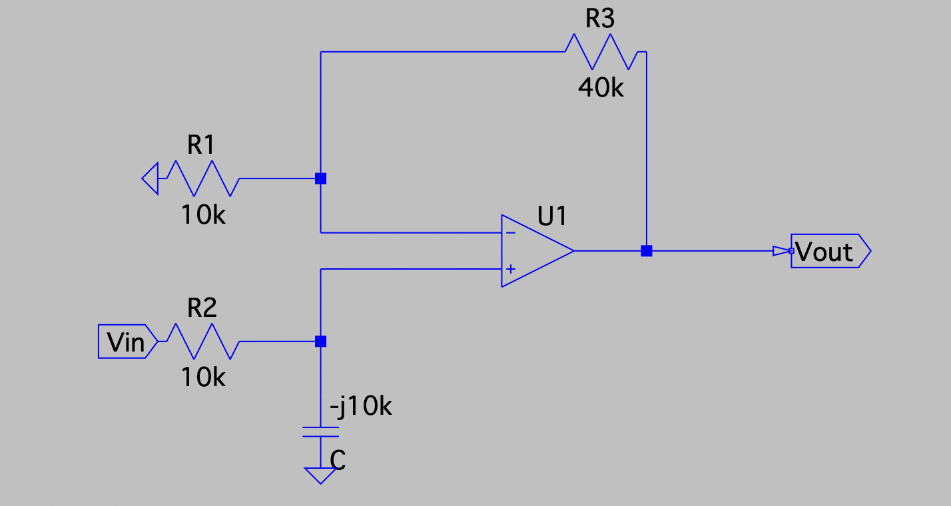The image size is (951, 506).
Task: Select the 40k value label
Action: pyautogui.click(x=601, y=88)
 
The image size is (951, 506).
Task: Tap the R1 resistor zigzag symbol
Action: pyautogui.click(x=203, y=178)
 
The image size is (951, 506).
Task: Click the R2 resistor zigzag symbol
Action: pyautogui.click(x=203, y=342)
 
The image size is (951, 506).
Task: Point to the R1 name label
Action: pyautogui.click(x=202, y=145)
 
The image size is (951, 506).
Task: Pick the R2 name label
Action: pyautogui.click(x=202, y=308)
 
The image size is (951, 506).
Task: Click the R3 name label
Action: pyautogui.click(x=599, y=19)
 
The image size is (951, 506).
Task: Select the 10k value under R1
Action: pyautogui.click(x=203, y=215)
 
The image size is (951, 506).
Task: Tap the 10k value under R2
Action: pyautogui.click(x=203, y=378)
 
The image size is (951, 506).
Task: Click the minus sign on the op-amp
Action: pyautogui.click(x=510, y=232)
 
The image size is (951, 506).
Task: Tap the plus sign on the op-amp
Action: pyautogui.click(x=510, y=269)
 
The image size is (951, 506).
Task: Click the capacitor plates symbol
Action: pyautogui.click(x=320, y=431)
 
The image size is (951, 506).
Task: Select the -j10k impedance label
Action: pyautogui.click(x=360, y=406)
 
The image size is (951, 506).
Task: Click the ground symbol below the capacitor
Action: pyautogui.click(x=320, y=475)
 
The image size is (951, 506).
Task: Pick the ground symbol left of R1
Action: pyautogui.click(x=151, y=178)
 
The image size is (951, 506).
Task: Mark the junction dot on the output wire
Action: pyautogui.click(x=646, y=251)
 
